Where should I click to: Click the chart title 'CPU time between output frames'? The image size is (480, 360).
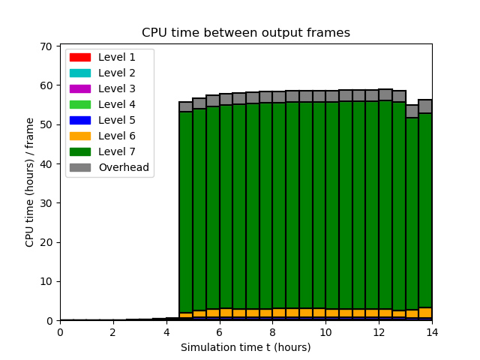[246, 32]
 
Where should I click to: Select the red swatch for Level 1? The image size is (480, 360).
[80, 57]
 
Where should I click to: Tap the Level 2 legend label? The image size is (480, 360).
[117, 73]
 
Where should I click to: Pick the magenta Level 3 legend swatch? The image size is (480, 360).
[80, 88]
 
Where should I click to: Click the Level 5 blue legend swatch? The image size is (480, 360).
[80, 120]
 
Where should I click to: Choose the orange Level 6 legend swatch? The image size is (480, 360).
[80, 136]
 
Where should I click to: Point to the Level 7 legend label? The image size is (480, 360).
[117, 151]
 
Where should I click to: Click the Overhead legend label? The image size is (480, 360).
[124, 167]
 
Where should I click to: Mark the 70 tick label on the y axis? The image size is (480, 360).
[46, 46]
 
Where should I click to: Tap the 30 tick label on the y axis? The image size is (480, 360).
[46, 203]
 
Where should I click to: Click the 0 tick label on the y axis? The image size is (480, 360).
[49, 321]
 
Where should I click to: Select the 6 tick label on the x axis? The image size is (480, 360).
[220, 332]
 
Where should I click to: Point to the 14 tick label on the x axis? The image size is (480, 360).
[432, 332]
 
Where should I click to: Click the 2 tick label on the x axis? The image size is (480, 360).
[113, 332]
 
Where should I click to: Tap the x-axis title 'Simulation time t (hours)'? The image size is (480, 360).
[246, 347]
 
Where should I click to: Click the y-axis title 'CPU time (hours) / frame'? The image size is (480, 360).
[29, 182]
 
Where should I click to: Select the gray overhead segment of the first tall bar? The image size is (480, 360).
[186, 106]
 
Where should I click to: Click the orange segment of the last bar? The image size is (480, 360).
[425, 313]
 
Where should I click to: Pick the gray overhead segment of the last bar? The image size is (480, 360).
[425, 106]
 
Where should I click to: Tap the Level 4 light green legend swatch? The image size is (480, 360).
[80, 104]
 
